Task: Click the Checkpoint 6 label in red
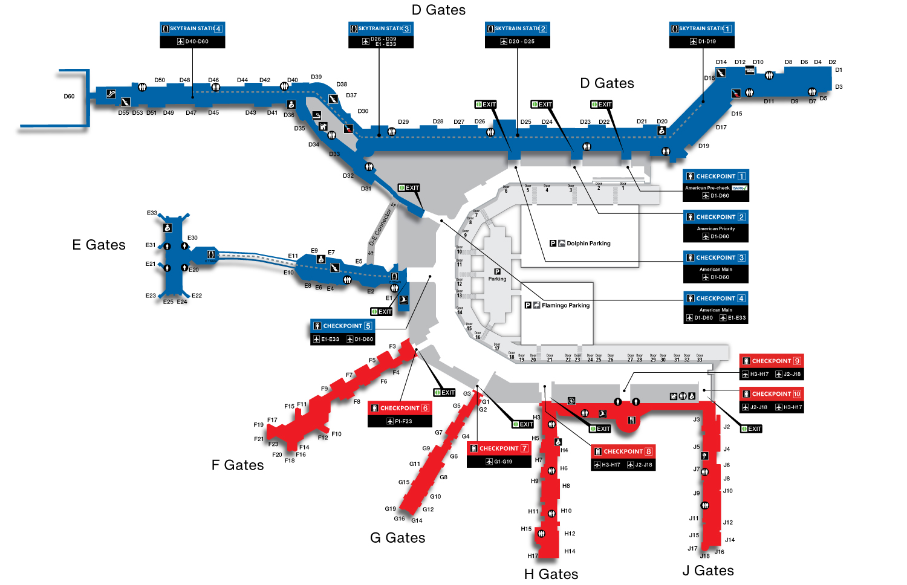coord(400,408)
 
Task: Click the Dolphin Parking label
coord(588,244)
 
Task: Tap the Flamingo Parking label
coord(565,306)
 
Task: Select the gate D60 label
coord(69,96)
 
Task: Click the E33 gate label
coord(152,213)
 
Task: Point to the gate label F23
coord(273,444)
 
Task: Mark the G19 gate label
coord(391,509)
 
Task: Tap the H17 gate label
coord(532,556)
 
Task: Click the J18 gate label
coord(705,556)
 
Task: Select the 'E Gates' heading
coord(99,245)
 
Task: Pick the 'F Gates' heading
coord(238,465)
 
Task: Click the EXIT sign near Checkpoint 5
coord(382,312)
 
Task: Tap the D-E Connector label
coord(381,228)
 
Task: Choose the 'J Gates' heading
coord(708,570)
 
